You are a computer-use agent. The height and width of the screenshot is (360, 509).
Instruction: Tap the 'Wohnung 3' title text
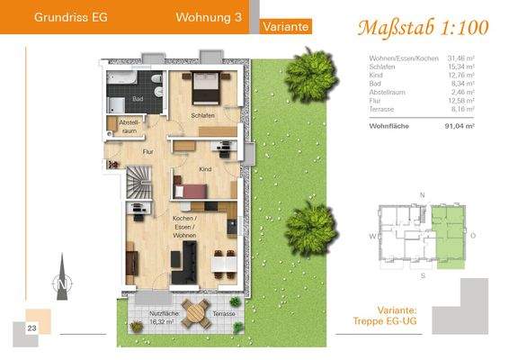coord(208,15)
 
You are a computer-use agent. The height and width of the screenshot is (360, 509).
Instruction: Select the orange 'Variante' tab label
coord(286,27)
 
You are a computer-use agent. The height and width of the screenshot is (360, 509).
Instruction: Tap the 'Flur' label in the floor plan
coord(149,153)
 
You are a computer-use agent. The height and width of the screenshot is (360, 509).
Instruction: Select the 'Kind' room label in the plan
coord(205,168)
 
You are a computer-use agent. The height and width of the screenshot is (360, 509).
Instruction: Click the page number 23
coord(31,328)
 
